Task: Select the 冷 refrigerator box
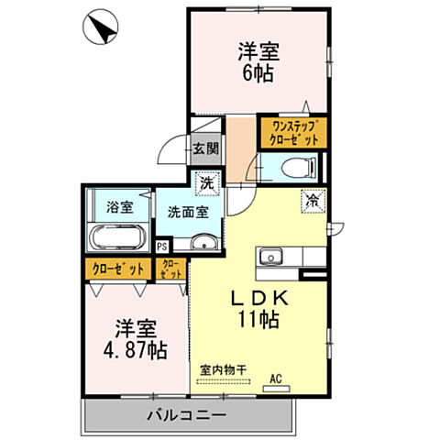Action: click(x=313, y=198)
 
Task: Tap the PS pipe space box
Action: click(x=162, y=245)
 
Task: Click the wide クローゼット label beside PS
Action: click(x=119, y=269)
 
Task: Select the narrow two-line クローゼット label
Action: click(x=170, y=268)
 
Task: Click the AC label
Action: click(x=275, y=376)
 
